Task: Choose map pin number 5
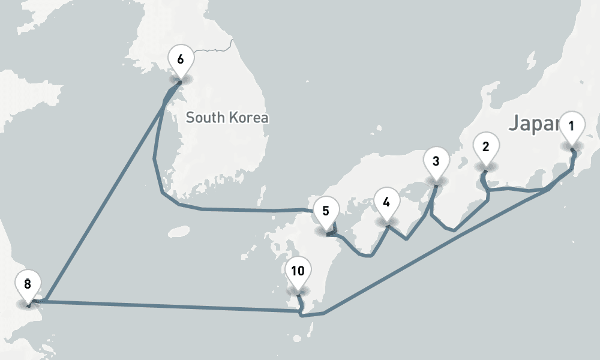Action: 326,212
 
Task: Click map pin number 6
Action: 180,60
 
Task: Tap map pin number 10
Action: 298,272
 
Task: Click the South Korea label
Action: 227,118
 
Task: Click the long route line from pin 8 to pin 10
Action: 168,305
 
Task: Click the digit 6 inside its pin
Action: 180,59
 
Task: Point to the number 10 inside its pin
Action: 298,271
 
